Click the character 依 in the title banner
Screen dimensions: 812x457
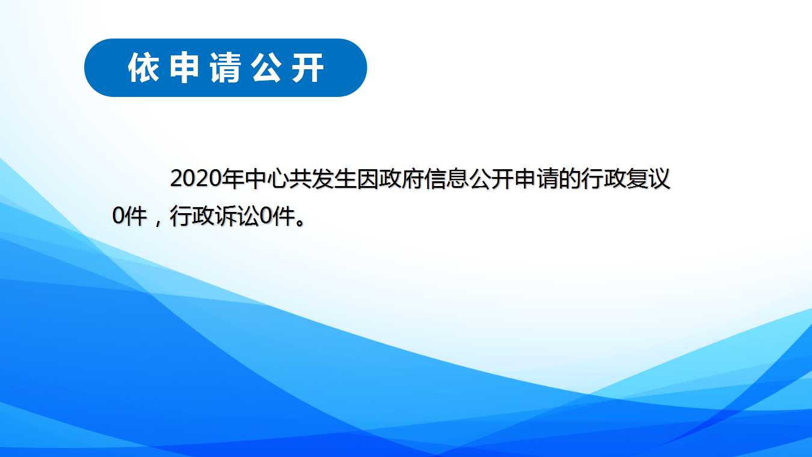143,68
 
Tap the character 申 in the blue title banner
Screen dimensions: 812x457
184,68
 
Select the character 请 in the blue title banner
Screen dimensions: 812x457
226,68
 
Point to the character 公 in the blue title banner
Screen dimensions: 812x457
267,68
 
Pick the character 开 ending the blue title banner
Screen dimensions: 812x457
308,68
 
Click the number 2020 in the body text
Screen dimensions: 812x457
195,179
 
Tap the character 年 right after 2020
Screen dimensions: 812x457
232,179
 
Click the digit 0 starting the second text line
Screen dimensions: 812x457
118,216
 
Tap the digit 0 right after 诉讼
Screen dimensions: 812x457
266,216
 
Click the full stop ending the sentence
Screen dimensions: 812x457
300,222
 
